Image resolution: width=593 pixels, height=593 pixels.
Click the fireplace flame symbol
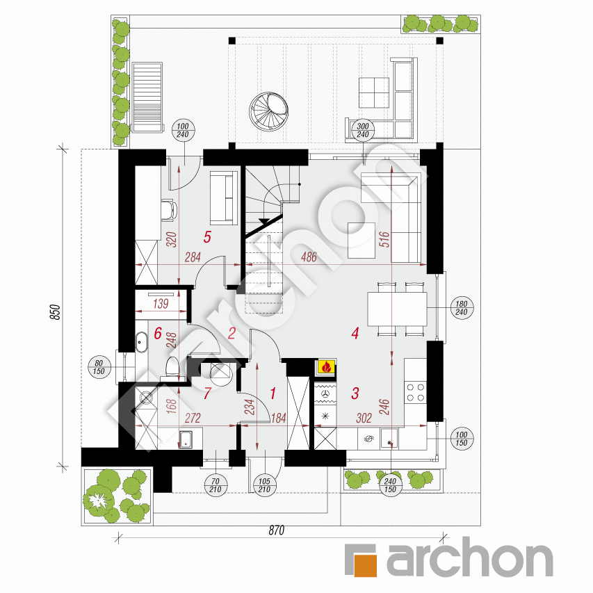click(326, 366)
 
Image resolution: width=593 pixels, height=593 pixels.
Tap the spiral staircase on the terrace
click(269, 111)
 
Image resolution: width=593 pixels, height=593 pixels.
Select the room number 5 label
click(207, 237)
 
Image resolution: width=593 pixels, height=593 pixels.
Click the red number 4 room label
click(355, 333)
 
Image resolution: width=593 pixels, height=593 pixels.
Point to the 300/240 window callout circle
click(363, 131)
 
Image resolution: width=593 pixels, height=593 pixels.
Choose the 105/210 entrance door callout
click(264, 485)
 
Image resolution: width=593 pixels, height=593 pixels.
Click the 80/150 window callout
click(99, 367)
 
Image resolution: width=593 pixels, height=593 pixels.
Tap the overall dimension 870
click(277, 530)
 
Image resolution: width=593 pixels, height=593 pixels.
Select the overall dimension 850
click(56, 312)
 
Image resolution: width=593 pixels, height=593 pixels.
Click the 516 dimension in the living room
click(384, 239)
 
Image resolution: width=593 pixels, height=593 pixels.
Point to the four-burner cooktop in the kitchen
click(415, 392)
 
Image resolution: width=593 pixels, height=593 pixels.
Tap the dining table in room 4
click(397, 309)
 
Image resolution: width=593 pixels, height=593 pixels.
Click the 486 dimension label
click(309, 257)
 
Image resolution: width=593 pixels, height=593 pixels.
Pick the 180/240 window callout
click(462, 308)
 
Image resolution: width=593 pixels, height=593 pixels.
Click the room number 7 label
click(207, 393)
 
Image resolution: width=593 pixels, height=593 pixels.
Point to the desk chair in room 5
click(170, 210)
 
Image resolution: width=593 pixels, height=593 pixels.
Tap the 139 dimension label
click(161, 304)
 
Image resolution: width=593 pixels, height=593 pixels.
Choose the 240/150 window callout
click(390, 485)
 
